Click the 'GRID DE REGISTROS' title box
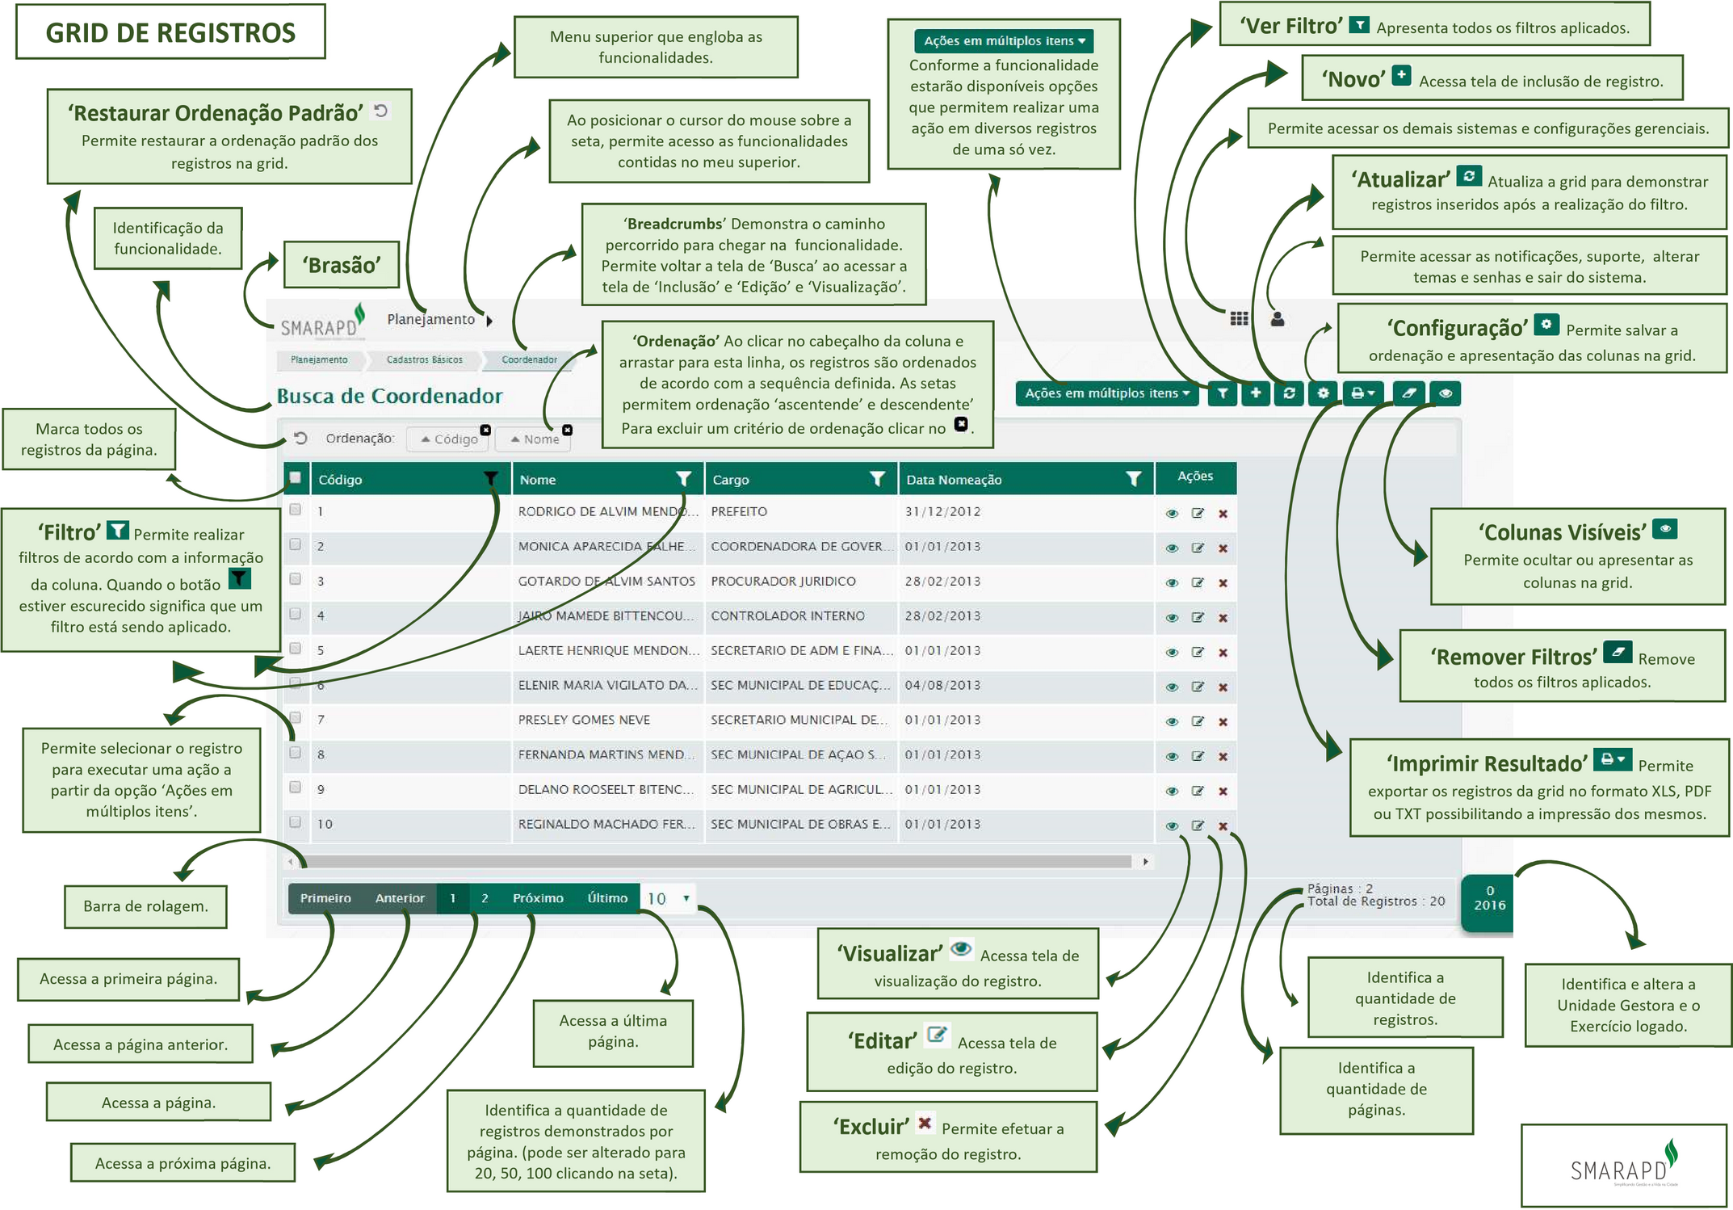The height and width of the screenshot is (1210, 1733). coord(170,32)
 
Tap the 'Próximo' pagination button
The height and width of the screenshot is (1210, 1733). coord(538,898)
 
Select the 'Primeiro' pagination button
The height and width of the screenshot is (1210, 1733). coord(325,898)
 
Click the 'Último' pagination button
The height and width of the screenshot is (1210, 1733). coord(607,898)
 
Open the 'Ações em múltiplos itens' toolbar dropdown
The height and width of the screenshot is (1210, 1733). coord(1106,393)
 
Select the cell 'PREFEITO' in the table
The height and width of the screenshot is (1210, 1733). coord(739,511)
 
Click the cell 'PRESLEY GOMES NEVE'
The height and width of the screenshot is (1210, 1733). coord(584,720)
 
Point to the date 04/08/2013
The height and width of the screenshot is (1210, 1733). coord(942,685)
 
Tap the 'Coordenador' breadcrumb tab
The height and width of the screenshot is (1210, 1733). coord(529,359)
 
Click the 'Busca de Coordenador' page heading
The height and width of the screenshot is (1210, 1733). coord(389,396)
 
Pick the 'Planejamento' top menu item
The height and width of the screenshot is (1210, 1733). coord(431,319)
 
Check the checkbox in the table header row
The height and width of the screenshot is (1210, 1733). coord(296,477)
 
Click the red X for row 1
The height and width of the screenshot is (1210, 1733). coord(1223,514)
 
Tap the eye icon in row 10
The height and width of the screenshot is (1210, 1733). coord(1172,826)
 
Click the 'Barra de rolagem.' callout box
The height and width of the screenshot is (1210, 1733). coord(145,906)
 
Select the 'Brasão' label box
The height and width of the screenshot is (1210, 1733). coord(342,265)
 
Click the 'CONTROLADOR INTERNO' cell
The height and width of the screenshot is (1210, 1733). coord(787,616)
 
